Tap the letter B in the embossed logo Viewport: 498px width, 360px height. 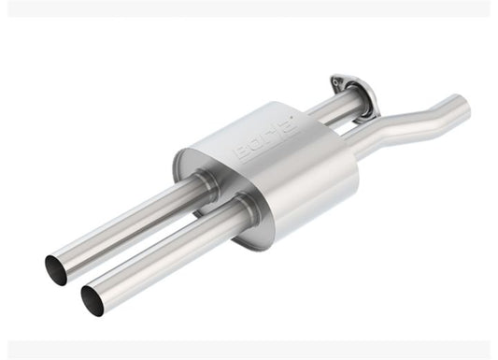242,151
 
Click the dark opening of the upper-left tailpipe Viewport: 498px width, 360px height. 56,269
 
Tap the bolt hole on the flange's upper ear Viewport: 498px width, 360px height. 336,82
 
